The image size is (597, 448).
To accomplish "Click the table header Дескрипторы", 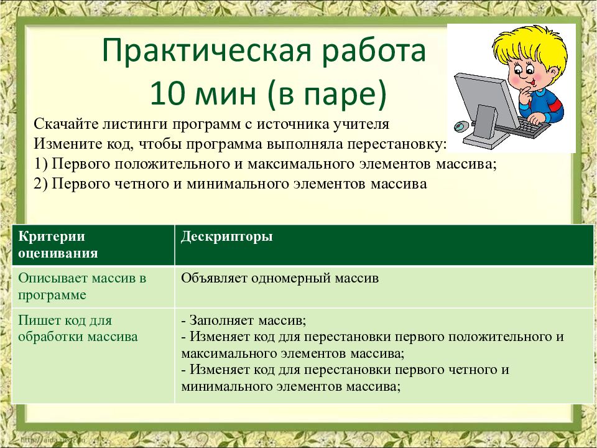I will click(226, 237).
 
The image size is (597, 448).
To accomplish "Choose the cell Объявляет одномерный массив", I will click(280, 278).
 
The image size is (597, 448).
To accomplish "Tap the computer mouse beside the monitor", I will click(460, 126).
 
